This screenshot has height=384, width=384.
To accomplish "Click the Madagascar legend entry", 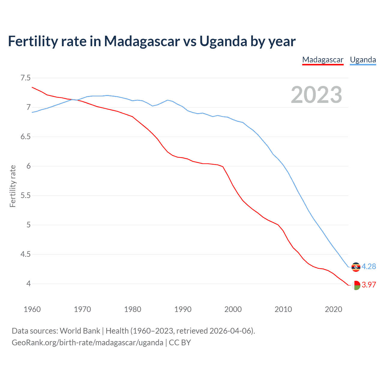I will pos(322,60).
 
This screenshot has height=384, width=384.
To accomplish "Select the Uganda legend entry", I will pos(363,60).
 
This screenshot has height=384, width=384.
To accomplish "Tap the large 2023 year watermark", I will pos(316,95).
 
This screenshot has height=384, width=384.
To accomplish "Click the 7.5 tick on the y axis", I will pos(25,78).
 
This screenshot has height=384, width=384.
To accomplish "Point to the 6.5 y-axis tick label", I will pos(25,137).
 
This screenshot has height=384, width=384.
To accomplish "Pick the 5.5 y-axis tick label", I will pos(25,196).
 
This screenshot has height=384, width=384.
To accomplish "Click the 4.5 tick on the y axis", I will pos(25,254).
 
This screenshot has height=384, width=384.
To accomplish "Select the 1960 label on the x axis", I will pos(32,309).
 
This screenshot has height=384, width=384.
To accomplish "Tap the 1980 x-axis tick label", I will pos(133,309).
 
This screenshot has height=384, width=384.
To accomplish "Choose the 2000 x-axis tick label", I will pos(233,309).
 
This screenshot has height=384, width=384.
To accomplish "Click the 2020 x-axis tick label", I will pos(333,309).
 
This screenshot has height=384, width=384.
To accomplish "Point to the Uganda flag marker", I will pos(356,267).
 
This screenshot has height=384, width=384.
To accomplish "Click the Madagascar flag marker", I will pos(356,285).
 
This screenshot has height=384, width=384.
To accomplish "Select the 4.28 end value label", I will pos(369,266).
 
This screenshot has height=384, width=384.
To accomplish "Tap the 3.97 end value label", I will pos(369,285).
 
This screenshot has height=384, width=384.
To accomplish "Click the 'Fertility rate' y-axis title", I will pos(13,186).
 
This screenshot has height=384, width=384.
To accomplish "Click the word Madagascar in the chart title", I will pos(142,41).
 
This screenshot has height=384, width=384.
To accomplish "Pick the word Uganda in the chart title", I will pos(223,41).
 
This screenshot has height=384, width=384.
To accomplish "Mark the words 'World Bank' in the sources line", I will pos(80,331).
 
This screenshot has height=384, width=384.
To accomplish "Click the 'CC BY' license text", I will pos(180,343).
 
